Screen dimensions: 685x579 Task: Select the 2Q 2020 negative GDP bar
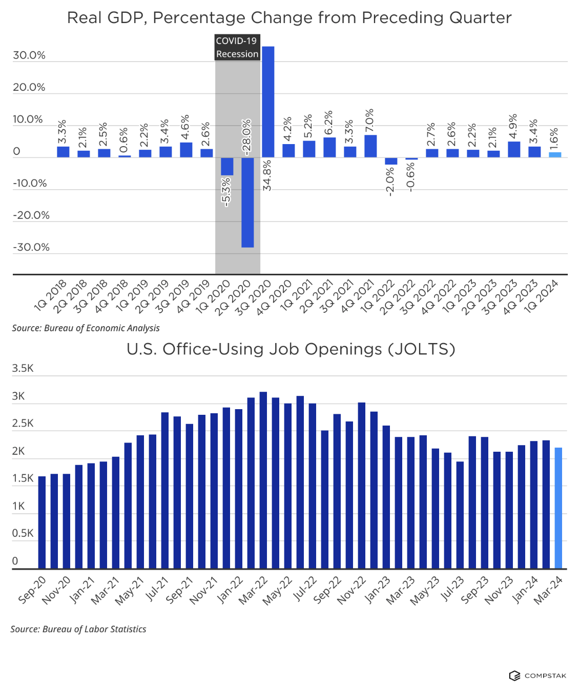[247, 202]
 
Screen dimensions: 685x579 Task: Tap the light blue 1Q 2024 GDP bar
[555, 155]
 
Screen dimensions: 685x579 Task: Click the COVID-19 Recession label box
[237, 47]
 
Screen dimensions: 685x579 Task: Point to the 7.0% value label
[369, 120]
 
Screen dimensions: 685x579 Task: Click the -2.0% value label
[390, 182]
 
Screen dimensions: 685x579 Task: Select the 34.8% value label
[267, 175]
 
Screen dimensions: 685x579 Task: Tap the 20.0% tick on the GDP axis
[29, 87]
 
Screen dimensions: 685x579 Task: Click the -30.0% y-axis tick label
[31, 247]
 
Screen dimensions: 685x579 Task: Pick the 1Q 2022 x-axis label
[378, 296]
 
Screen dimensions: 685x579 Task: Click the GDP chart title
[289, 18]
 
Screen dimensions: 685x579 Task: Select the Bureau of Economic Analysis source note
[86, 328]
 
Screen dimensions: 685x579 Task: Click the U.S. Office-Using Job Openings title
[291, 349]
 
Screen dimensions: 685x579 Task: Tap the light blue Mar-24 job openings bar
[558, 508]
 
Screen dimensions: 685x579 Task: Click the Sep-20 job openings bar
[42, 522]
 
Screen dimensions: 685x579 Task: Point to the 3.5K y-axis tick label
[23, 368]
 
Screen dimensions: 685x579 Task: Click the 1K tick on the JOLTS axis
[18, 506]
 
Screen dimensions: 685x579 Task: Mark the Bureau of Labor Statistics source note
[78, 629]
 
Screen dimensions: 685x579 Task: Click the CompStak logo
[537, 675]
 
